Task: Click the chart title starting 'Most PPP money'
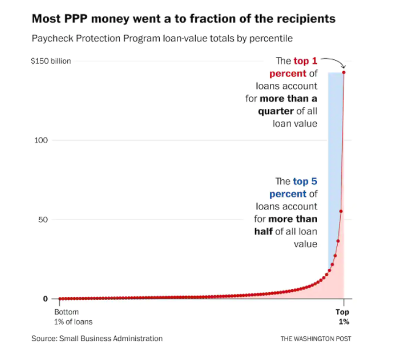(184, 18)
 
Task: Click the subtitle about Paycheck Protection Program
(162, 39)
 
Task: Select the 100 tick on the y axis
(42, 140)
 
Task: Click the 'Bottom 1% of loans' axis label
(73, 317)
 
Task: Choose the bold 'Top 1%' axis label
(344, 317)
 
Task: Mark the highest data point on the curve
(344, 72)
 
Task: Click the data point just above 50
(341, 211)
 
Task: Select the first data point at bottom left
(59, 299)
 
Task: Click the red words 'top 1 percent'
(293, 67)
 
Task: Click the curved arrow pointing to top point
(333, 61)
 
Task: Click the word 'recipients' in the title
(304, 18)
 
